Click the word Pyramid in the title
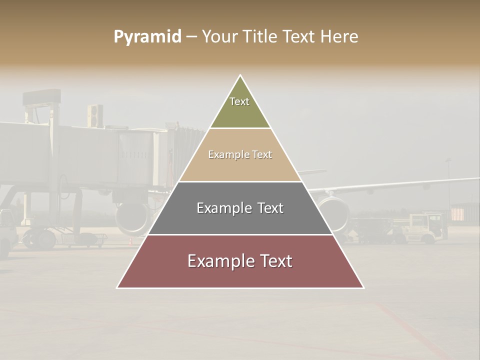pos(147,36)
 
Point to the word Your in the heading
pos(219,36)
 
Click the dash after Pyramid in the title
pos(191,37)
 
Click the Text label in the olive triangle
pos(239,101)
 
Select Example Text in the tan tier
pos(240,154)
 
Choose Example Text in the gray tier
pos(240,208)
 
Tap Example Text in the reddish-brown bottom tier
pos(240,261)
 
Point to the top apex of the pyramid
pos(240,75)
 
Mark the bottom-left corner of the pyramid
pos(117,287)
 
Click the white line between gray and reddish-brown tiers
pos(240,234)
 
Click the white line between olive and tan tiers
pos(240,128)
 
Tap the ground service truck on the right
pos(425,227)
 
